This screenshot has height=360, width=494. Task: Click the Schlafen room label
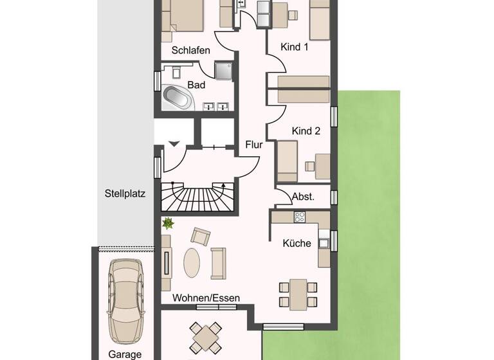(190, 50)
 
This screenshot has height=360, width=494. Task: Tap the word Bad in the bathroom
(196, 84)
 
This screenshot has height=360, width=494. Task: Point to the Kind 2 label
(306, 130)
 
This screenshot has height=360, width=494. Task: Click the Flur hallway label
(254, 145)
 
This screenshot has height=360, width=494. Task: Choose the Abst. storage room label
(303, 197)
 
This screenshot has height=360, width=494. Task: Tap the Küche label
(297, 243)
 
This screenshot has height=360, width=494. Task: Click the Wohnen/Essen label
(206, 298)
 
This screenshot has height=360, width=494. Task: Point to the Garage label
(125, 354)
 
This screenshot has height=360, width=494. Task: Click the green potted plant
(169, 224)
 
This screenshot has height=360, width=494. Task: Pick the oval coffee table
(192, 262)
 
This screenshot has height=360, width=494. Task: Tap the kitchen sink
(325, 242)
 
